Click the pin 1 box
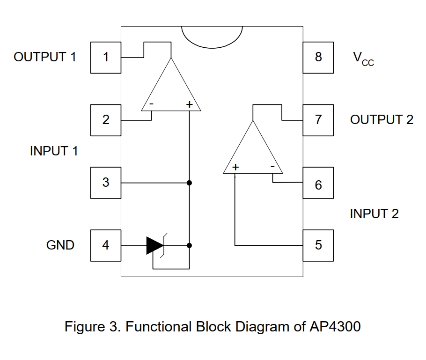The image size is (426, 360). click(105, 57)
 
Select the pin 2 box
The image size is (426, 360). click(105, 120)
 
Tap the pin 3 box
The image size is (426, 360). click(105, 182)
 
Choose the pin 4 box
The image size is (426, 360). click(105, 245)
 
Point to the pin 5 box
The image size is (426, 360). click(318, 245)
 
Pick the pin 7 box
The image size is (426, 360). click(318, 120)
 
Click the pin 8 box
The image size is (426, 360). click(318, 57)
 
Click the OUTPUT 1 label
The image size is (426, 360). click(45, 57)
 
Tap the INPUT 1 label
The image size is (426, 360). click(54, 151)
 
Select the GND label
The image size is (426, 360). click(60, 245)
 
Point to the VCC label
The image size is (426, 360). click(363, 59)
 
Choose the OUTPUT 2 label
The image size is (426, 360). click(382, 120)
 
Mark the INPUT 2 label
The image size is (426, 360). click(375, 214)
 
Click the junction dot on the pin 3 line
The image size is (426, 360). click(190, 182)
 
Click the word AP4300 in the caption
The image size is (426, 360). click(335, 326)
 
